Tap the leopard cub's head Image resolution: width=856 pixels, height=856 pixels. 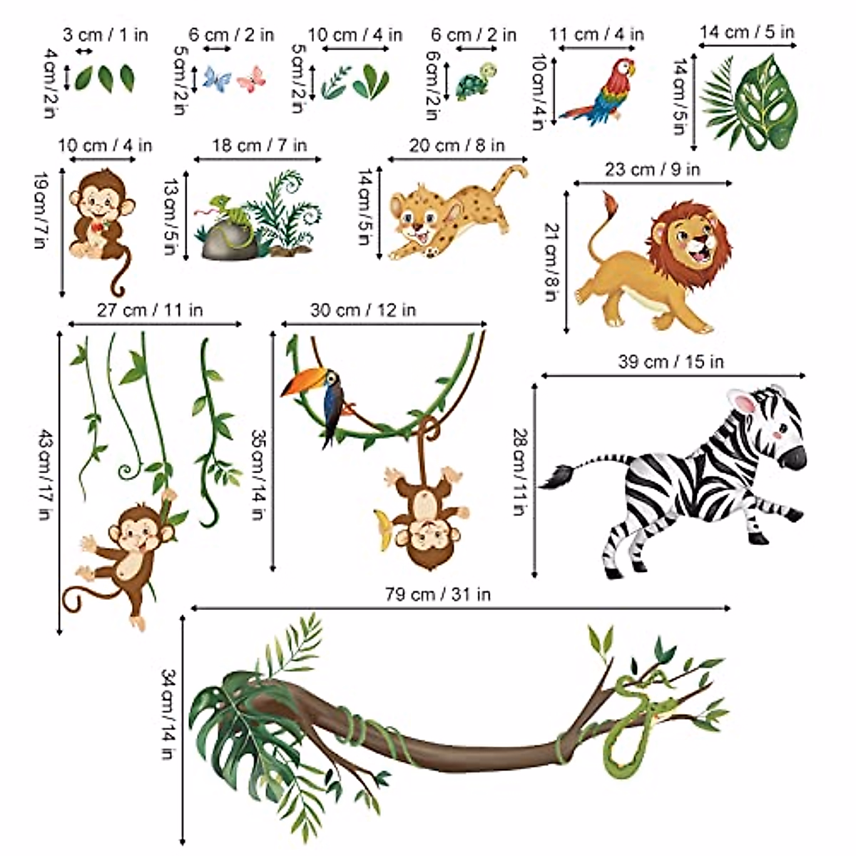tap(414, 214)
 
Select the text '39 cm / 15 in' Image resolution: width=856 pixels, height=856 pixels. tap(671, 362)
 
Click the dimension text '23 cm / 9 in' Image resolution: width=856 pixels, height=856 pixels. tap(652, 169)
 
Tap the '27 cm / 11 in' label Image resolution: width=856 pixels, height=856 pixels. tap(150, 310)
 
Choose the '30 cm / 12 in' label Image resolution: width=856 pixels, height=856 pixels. tap(362, 310)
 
